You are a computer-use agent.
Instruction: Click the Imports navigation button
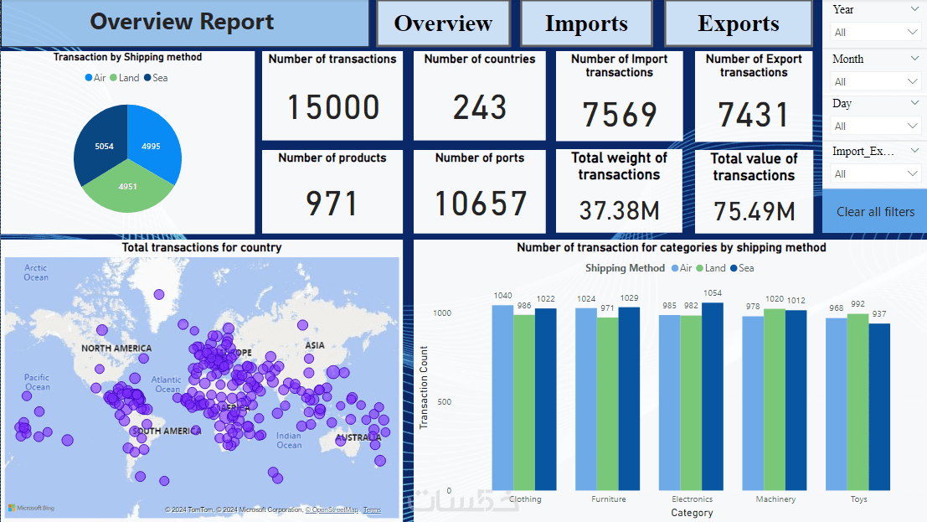586,23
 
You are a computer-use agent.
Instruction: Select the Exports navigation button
738,23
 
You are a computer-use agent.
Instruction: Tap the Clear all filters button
875,211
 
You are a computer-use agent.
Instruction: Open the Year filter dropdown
876,32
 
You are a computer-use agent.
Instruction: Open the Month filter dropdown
876,81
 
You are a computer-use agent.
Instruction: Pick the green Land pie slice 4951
128,189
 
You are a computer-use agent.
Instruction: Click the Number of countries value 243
480,107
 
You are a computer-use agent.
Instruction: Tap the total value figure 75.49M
754,211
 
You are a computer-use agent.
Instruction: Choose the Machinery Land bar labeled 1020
775,399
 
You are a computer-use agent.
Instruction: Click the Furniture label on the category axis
608,499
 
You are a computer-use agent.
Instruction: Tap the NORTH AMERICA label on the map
116,349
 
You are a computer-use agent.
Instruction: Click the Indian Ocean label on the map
289,440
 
